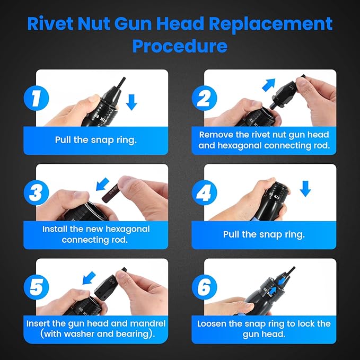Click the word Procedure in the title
pos(180,46)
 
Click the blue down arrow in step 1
pos(131,101)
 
